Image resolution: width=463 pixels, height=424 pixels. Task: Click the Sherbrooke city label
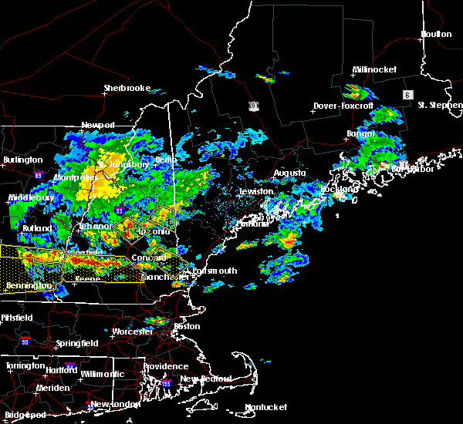point(127,88)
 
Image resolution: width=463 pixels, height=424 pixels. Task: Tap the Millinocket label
point(375,69)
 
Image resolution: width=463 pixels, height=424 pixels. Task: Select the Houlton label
point(436,34)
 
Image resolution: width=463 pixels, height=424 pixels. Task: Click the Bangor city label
point(360,133)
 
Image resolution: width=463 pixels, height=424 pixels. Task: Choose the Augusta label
point(290,173)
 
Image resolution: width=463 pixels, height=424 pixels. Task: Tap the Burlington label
point(22,160)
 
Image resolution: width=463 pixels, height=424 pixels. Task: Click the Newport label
point(98,125)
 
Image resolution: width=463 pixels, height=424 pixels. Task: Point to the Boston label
point(188,326)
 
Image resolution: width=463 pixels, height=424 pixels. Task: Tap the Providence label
point(165,367)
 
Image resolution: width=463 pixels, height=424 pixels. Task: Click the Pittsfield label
point(22,318)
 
